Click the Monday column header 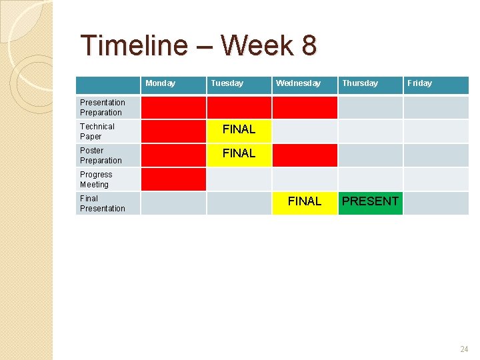click(x=160, y=83)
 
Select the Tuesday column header click(x=227, y=83)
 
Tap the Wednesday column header click(x=298, y=83)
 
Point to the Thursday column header click(x=360, y=83)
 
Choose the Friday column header click(x=419, y=83)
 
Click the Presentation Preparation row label click(x=103, y=107)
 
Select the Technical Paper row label click(x=97, y=131)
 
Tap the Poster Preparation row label click(x=101, y=155)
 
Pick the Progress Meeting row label click(x=96, y=179)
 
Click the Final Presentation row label click(x=103, y=203)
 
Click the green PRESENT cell click(x=371, y=202)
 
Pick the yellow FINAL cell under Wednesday click(x=305, y=202)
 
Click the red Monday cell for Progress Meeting click(x=173, y=179)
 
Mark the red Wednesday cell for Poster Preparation click(x=305, y=155)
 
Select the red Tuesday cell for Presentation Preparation click(x=239, y=107)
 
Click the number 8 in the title click(x=309, y=46)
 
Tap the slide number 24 click(x=464, y=349)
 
